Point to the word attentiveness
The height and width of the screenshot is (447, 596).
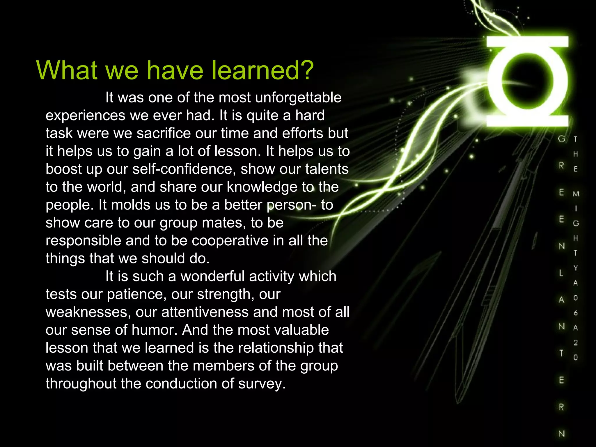[x=205, y=312]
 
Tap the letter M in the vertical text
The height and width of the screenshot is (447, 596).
[x=576, y=194]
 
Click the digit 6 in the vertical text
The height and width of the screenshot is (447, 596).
[x=576, y=313]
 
